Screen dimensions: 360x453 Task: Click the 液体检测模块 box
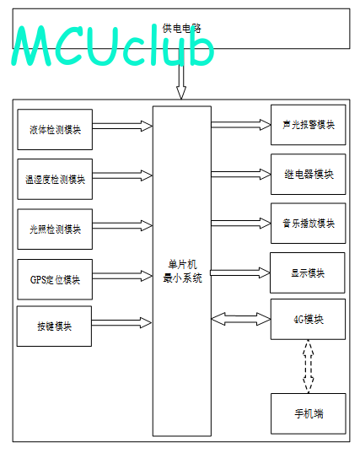(x=55, y=129)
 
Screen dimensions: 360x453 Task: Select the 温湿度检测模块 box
(x=55, y=179)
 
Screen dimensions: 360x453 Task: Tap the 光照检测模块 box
(x=55, y=229)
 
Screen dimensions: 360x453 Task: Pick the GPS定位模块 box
(x=55, y=279)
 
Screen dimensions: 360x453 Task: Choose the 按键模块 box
(x=54, y=326)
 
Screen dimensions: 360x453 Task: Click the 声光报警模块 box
(x=308, y=125)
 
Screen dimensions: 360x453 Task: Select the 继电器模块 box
(x=308, y=175)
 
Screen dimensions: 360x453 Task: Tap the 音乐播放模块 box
(x=308, y=224)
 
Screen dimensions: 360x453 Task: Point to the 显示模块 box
(x=308, y=273)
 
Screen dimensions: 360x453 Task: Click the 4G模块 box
(x=308, y=319)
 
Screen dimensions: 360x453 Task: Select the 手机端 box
(x=308, y=413)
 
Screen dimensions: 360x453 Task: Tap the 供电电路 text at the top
(x=181, y=29)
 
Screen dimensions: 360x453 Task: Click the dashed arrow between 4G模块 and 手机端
(x=308, y=366)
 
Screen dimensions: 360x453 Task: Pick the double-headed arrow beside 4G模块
(x=241, y=319)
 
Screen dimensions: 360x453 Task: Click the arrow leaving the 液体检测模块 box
(x=122, y=126)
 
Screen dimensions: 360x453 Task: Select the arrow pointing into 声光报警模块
(x=241, y=125)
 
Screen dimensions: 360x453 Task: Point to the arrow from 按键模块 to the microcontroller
(x=122, y=323)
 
